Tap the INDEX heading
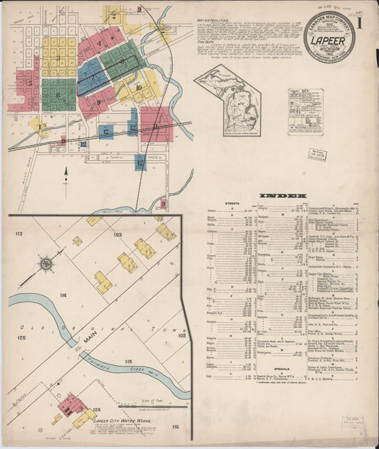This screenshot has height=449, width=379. (283, 196)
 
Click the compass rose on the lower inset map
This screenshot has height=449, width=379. (46, 264)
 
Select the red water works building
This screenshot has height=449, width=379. (72, 405)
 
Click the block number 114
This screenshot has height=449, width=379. (64, 295)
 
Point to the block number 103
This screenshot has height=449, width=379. (117, 234)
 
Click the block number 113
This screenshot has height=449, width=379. (19, 233)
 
